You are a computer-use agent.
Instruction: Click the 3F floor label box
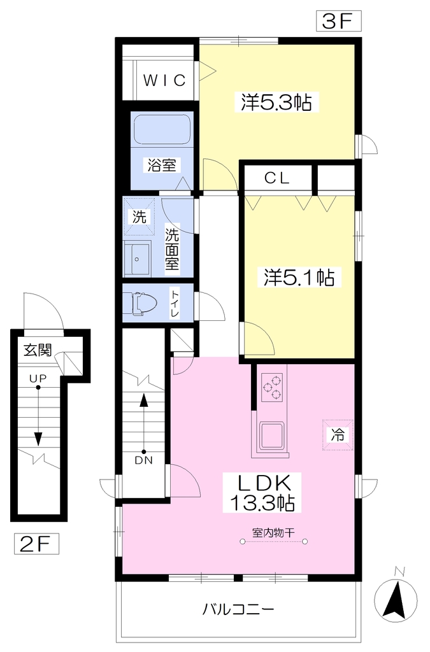338,21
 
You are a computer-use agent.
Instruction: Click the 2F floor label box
36,544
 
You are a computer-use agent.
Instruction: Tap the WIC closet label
164,80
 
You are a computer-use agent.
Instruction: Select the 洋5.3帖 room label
276,103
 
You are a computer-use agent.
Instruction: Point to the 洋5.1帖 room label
299,278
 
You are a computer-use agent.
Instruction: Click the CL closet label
277,178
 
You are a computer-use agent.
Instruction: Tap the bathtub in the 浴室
162,129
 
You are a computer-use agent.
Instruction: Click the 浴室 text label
162,165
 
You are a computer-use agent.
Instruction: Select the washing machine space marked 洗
140,216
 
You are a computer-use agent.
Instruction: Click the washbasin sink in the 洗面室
137,259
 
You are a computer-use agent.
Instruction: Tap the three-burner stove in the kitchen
272,388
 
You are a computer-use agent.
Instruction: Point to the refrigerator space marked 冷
338,435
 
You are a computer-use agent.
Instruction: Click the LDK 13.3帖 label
263,493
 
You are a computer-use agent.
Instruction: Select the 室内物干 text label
273,532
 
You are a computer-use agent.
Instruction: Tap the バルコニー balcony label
238,609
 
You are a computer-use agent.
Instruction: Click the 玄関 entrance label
38,350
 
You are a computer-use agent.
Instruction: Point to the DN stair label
143,460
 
